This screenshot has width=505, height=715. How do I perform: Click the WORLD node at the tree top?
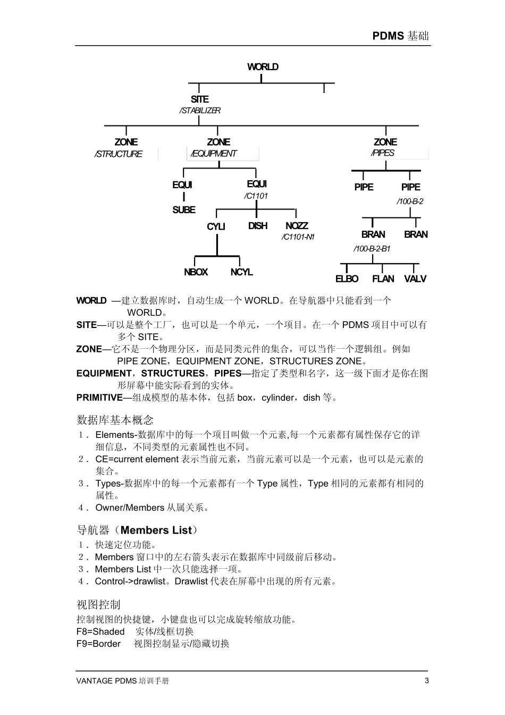pos(263,67)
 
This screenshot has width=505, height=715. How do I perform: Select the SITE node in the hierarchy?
pos(200,99)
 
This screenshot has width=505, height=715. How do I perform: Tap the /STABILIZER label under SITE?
pos(200,111)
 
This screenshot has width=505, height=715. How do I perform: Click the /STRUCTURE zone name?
pos(119,154)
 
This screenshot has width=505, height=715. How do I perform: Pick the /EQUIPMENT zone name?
pos(214,154)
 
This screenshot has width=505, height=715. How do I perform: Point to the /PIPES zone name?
pos(383,153)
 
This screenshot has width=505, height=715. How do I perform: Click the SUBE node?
pos(184,210)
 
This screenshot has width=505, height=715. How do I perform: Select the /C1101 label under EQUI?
pos(256,196)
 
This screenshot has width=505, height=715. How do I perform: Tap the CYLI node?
pos(216,226)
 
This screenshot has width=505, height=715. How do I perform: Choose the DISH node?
pos(258,226)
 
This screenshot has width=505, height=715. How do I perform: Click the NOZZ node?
pos(297,226)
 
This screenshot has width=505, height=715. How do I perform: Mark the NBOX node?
pos(196,272)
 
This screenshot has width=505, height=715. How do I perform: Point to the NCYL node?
pos(241,272)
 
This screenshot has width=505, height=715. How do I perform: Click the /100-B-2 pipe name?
pos(410,201)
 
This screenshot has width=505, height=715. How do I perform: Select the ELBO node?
pos(347,279)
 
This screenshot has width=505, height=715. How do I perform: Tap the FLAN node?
pos(383,279)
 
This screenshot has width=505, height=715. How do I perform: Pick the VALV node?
pos(415,279)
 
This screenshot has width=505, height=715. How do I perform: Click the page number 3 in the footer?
pos(426,681)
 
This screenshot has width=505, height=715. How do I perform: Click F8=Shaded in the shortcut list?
pos(100,632)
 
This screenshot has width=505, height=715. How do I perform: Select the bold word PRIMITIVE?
pos(99,398)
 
